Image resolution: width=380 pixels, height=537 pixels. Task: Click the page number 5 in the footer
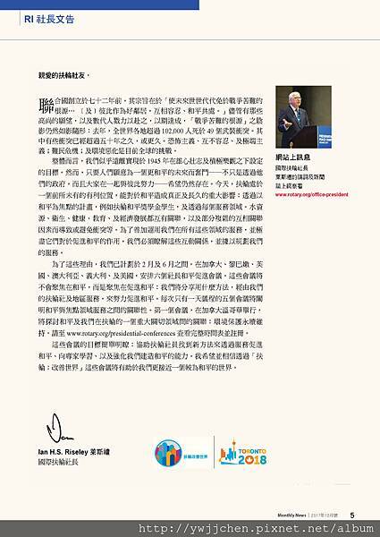click(x=353, y=514)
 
